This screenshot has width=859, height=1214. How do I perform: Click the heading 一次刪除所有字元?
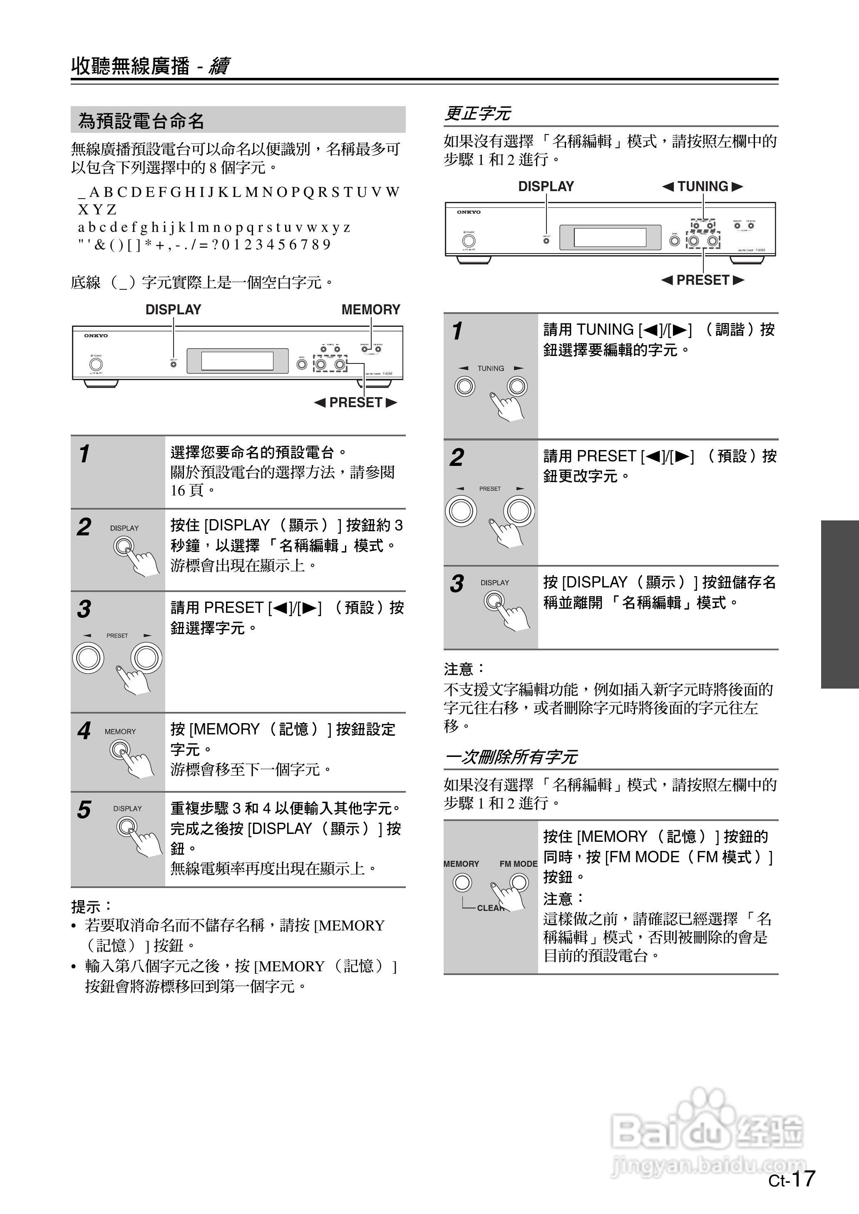pyautogui.click(x=511, y=757)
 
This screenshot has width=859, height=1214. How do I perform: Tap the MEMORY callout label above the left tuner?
pyautogui.click(x=371, y=309)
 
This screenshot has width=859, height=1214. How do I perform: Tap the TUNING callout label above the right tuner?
pyautogui.click(x=703, y=186)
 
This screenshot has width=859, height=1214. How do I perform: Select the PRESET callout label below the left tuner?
pyautogui.click(x=355, y=403)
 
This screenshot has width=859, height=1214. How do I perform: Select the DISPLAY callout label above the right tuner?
pyautogui.click(x=546, y=186)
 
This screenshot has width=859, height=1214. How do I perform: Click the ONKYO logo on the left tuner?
pyautogui.click(x=96, y=336)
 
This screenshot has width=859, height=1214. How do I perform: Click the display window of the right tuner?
pyautogui.click(x=610, y=237)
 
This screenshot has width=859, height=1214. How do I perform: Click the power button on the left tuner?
pyautogui.click(x=96, y=364)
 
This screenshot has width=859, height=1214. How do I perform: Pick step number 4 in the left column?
pyautogui.click(x=84, y=731)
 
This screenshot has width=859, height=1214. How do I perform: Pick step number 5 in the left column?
pyautogui.click(x=84, y=810)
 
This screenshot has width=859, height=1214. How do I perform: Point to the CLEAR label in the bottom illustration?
pyautogui.click(x=489, y=908)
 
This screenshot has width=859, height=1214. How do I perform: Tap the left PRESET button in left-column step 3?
pyautogui.click(x=88, y=658)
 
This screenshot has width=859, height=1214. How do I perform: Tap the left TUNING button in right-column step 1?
pyautogui.click(x=465, y=386)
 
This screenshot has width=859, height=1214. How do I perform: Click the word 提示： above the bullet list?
pyautogui.click(x=92, y=906)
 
